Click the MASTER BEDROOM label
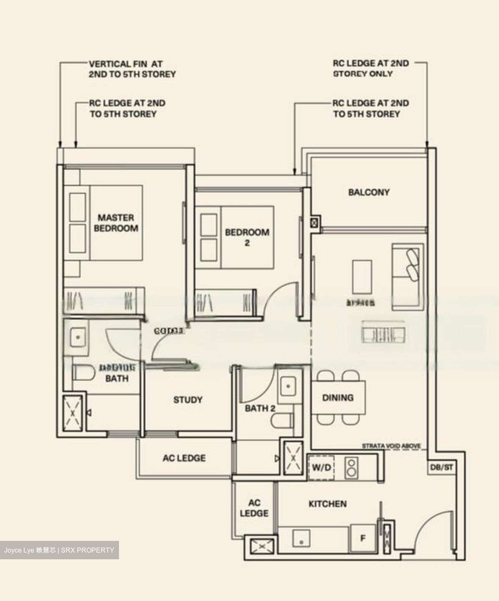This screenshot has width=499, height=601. click(x=116, y=223)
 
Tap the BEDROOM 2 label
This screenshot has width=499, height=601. click(x=247, y=237)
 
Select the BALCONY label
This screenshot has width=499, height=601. click(x=369, y=192)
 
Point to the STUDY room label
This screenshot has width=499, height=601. click(x=188, y=400)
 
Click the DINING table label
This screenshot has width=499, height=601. click(x=338, y=398)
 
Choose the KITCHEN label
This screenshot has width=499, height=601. click(x=327, y=504)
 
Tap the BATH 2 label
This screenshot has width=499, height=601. click(x=260, y=408)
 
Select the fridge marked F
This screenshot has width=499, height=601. click(x=362, y=538)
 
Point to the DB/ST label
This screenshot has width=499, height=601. click(x=441, y=467)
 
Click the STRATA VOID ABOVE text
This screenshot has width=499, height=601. click(x=391, y=446)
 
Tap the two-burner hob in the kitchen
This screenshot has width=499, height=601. click(x=352, y=467)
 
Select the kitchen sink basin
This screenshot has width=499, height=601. click(x=301, y=538)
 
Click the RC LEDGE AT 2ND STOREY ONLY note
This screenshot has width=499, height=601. click(x=370, y=68)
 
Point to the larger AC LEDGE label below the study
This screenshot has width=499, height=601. click(x=184, y=458)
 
